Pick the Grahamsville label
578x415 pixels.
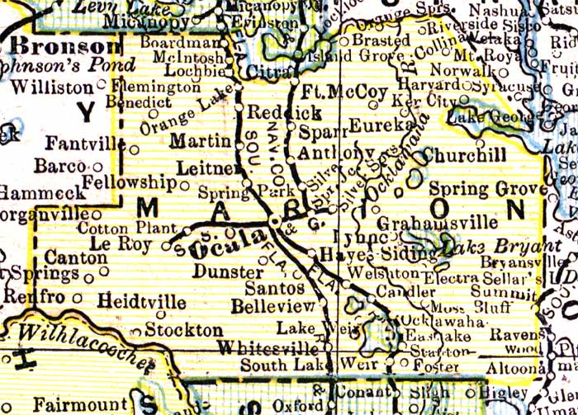438,223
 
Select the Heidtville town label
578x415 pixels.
141,302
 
